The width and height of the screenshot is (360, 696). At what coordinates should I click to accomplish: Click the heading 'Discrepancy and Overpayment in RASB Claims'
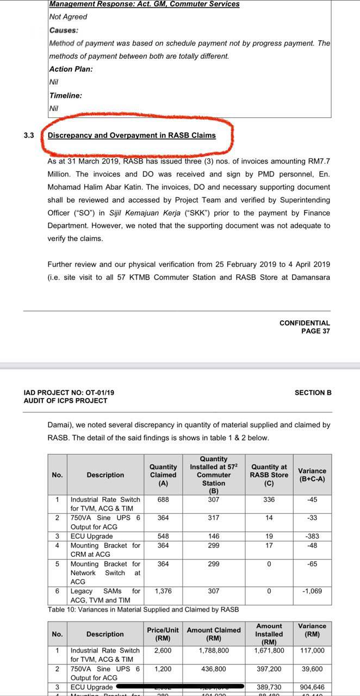click(132, 135)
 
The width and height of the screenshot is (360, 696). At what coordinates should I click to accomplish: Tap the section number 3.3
click(29, 135)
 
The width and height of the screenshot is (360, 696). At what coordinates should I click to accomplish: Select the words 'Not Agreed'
click(68, 17)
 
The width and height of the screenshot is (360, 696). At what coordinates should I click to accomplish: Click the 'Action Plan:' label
click(71, 69)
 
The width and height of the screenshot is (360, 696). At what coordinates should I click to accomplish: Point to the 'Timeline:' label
click(65, 96)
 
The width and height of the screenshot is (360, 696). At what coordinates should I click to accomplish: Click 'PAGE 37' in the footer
click(315, 331)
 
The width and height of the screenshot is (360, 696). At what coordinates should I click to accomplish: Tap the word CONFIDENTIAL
click(305, 323)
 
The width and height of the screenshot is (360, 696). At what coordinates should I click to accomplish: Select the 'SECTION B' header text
click(313, 392)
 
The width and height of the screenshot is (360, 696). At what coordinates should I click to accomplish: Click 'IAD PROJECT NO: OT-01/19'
click(69, 392)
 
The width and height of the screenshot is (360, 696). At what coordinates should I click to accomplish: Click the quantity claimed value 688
click(163, 499)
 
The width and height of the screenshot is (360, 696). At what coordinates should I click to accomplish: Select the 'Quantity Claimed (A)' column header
click(163, 475)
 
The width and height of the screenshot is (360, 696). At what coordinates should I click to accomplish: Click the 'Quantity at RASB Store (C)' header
click(269, 475)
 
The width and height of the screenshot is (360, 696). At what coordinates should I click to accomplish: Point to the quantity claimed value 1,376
click(163, 591)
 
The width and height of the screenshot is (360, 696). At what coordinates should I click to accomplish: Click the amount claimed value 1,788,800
click(214, 650)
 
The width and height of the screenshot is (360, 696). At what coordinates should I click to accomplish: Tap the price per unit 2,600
click(163, 650)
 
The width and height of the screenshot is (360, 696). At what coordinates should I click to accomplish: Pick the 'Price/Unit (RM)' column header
click(163, 634)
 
